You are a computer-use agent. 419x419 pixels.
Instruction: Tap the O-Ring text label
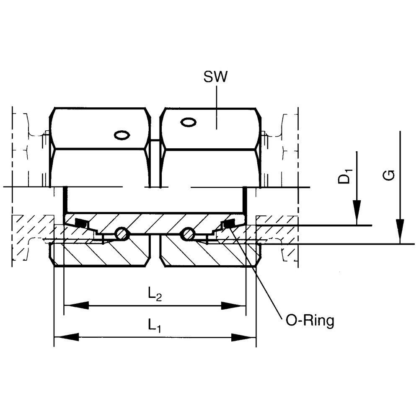(x=310, y=321)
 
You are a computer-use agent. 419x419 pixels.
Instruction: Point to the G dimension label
(x=389, y=175)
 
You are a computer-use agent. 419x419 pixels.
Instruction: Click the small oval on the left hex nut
(x=122, y=135)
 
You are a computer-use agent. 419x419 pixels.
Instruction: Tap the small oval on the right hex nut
(x=188, y=122)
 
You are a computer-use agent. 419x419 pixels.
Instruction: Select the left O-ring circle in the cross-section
(x=122, y=234)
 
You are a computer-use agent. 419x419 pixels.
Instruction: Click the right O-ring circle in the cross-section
(x=187, y=234)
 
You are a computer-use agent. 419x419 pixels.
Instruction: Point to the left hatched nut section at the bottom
(x=101, y=253)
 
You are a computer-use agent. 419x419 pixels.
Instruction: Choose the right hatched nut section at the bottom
(x=209, y=253)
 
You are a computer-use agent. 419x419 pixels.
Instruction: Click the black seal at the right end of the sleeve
(x=229, y=225)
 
